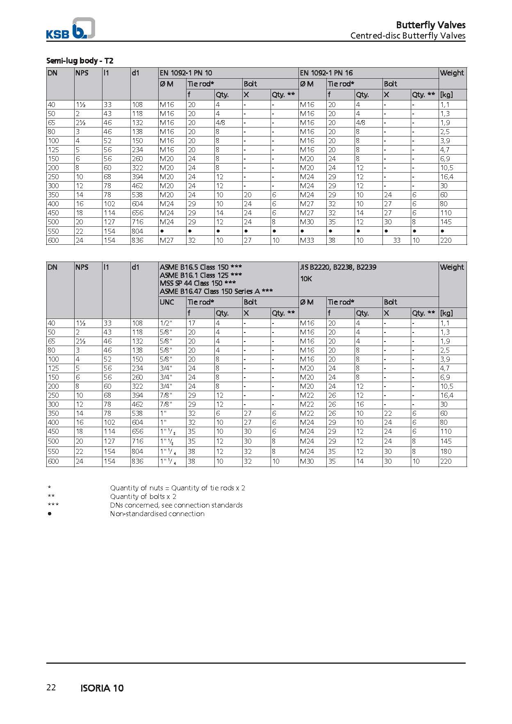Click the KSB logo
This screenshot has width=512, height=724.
tap(70, 29)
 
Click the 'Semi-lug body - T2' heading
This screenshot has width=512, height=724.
tap(80, 61)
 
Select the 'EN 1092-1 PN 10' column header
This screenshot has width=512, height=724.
tap(186, 73)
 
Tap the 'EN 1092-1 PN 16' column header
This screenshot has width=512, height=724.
tap(326, 73)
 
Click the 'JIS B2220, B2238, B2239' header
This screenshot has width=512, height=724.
tap(338, 267)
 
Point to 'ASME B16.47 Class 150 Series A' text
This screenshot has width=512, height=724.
tap(216, 291)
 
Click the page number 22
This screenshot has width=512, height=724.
tap(51, 688)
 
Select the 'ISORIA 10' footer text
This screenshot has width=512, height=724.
tap(102, 688)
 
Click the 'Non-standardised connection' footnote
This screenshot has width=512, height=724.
tap(157, 514)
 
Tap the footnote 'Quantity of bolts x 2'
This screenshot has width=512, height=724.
tap(143, 496)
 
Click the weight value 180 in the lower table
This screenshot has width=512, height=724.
tap(446, 451)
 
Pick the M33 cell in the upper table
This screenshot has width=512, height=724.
tap(307, 240)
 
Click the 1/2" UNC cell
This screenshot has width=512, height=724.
tap(166, 323)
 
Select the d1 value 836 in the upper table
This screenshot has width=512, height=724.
tap(137, 240)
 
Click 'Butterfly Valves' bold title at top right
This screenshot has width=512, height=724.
tap(430, 25)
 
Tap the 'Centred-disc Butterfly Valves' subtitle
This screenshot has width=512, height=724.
tap(407, 35)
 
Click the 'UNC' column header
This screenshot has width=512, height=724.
tap(167, 302)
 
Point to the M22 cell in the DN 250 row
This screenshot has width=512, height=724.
tap(307, 395)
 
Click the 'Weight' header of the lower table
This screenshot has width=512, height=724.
tap(452, 267)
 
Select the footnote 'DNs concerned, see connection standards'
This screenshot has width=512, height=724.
tap(176, 505)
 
